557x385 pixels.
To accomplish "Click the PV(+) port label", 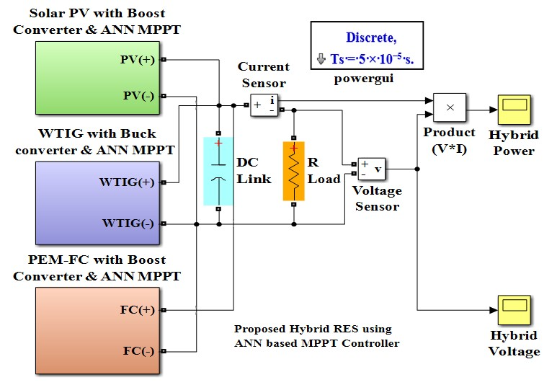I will tap(137, 60).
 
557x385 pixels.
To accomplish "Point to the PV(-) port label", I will tap(138, 95).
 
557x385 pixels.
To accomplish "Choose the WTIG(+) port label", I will tap(127, 182).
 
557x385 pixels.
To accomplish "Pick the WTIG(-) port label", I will tap(128, 224).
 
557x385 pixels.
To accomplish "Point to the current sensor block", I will tap(264, 105).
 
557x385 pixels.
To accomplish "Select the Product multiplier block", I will tap(450, 108).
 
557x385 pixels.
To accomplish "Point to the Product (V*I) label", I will tap(449, 140).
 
